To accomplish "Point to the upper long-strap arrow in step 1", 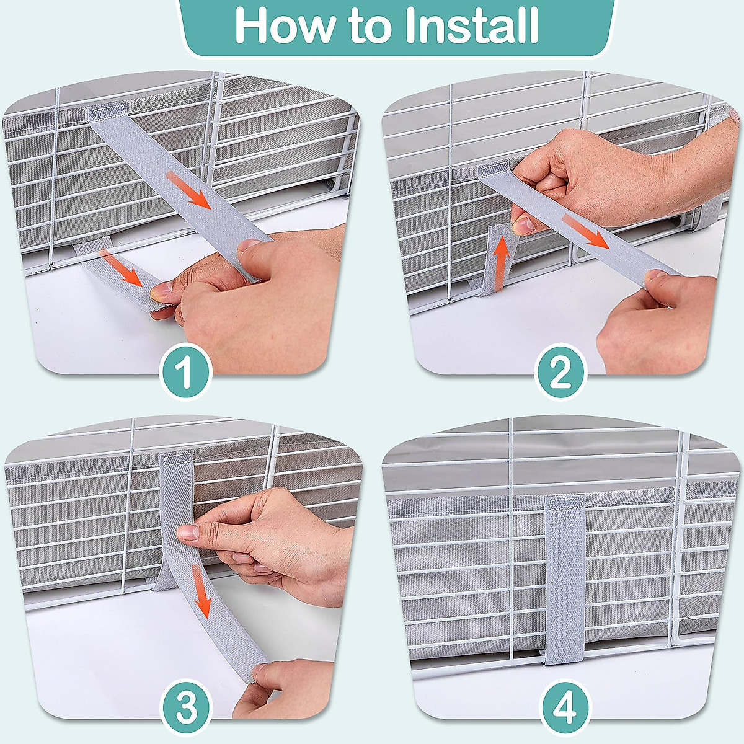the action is point(190,190).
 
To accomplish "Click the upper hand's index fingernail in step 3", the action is point(188,533).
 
